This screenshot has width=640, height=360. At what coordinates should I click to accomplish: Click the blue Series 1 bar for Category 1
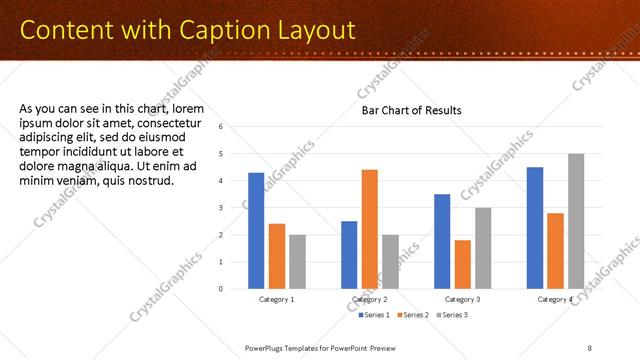click(256, 230)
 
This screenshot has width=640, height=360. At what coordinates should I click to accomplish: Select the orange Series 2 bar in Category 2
click(369, 229)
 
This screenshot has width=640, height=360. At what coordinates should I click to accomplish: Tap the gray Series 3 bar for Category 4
click(576, 221)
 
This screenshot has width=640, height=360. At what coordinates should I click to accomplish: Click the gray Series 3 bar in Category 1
click(297, 261)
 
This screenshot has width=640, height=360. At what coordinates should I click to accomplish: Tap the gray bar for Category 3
click(482, 248)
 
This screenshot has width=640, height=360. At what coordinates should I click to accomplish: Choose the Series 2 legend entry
click(415, 315)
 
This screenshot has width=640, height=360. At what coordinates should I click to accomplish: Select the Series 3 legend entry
click(454, 315)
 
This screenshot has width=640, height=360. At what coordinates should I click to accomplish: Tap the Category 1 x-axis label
click(277, 299)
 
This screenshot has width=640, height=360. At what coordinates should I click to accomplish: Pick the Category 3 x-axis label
click(462, 299)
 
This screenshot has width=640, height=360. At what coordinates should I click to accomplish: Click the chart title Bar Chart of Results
click(411, 111)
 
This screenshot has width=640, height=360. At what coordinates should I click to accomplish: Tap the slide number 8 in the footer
click(590, 348)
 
